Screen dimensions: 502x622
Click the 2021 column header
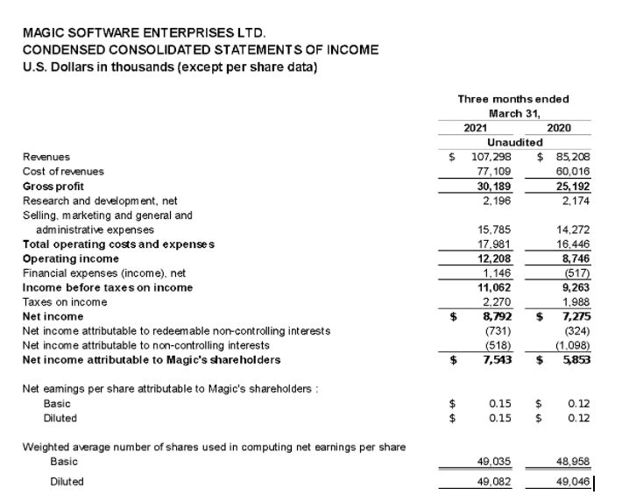click(x=476, y=127)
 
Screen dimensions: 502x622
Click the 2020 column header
click(x=558, y=127)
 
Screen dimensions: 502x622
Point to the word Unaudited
click(x=515, y=142)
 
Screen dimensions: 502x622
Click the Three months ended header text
click(x=513, y=99)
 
